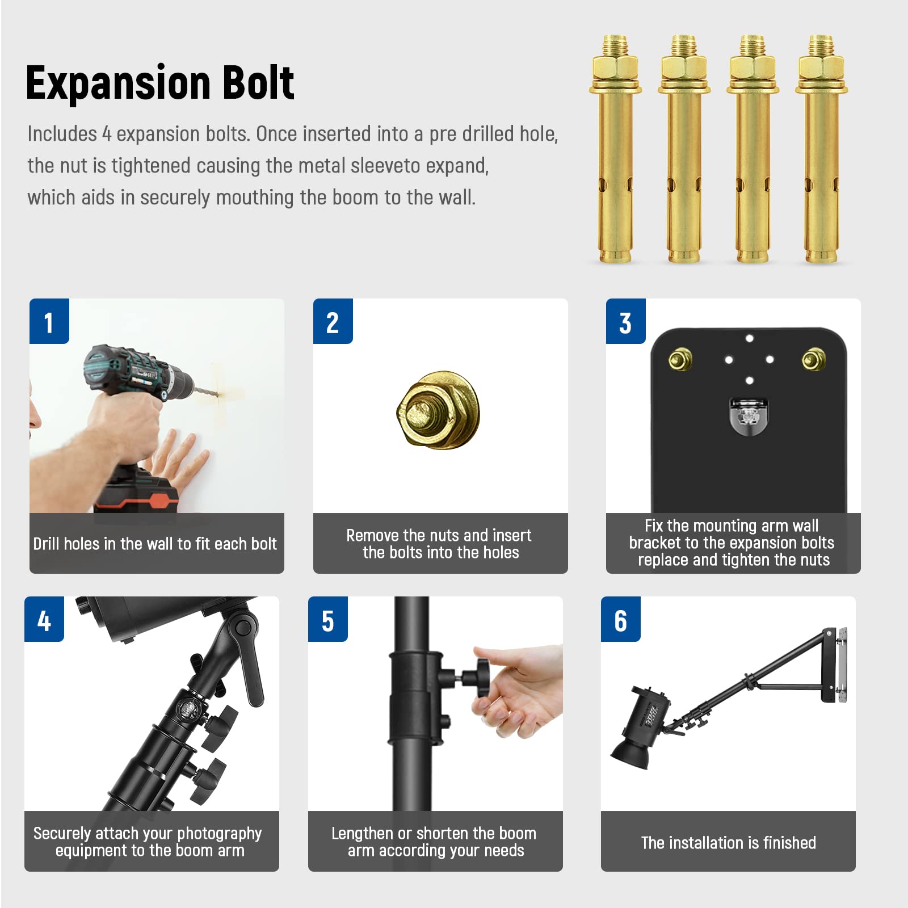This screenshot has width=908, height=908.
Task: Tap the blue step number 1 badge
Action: pyautogui.click(x=49, y=321)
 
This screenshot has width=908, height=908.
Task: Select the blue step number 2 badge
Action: pyautogui.click(x=333, y=321)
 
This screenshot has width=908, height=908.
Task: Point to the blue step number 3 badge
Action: pyautogui.click(x=625, y=321)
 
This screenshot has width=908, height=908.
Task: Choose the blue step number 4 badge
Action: pyautogui.click(x=44, y=619)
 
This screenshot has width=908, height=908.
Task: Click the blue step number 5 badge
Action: pyautogui.click(x=328, y=619)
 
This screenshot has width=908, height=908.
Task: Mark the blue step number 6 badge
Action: pyautogui.click(x=621, y=619)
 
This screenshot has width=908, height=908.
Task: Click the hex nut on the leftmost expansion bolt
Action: pyautogui.click(x=615, y=68)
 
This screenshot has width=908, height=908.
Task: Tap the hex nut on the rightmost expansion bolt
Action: pyautogui.click(x=821, y=68)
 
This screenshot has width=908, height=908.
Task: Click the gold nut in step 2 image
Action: pyautogui.click(x=438, y=410)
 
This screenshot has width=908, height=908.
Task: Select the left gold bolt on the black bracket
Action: pyautogui.click(x=679, y=359)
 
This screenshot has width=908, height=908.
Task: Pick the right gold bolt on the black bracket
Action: pyautogui.click(x=813, y=359)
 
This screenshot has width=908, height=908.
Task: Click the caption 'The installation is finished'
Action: pyautogui.click(x=728, y=843)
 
